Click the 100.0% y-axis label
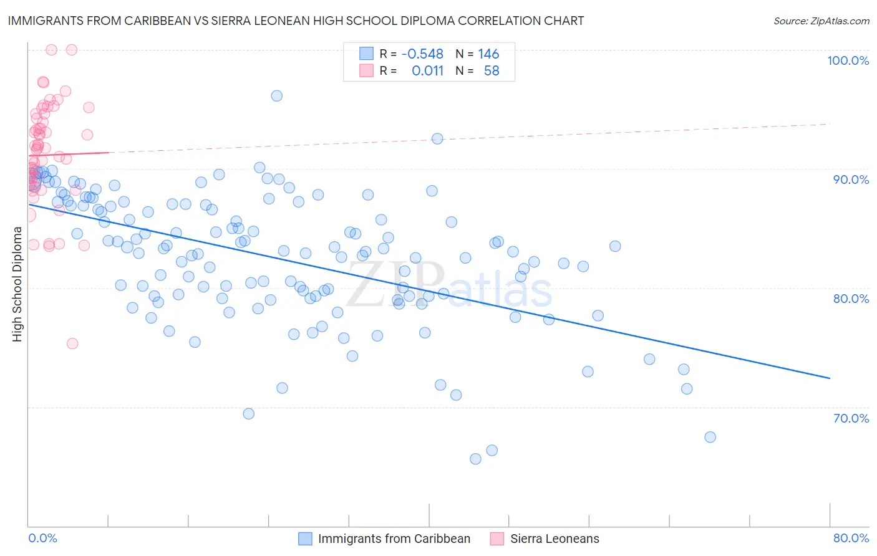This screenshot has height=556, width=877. pos(848,60)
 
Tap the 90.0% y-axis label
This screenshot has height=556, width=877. pos(851,180)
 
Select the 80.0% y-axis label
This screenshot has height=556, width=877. pos(851,299)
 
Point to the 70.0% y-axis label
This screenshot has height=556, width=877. pos(851,418)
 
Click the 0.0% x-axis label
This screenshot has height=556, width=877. pos(42,538)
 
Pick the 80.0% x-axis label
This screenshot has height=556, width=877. pos(851,538)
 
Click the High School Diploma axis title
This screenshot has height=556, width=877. pos(17,284)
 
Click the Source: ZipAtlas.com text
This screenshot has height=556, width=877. pos(821,21)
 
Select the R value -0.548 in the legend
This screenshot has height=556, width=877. pos(422,54)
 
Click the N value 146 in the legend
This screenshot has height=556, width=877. pos(488,54)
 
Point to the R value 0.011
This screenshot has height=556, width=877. pos(427,71)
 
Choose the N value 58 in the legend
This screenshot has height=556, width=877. pos(492,71)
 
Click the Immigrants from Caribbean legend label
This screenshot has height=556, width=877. pos(394,539)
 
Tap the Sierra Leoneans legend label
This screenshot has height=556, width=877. pos(555,539)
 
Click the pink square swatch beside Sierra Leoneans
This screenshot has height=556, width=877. pos(497,539)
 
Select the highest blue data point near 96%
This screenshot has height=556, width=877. pos(276,96)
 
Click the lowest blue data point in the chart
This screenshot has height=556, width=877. pos(475,459)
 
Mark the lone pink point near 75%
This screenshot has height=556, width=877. pos(72,343)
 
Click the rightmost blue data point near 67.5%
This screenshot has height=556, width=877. pos(710,437)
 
